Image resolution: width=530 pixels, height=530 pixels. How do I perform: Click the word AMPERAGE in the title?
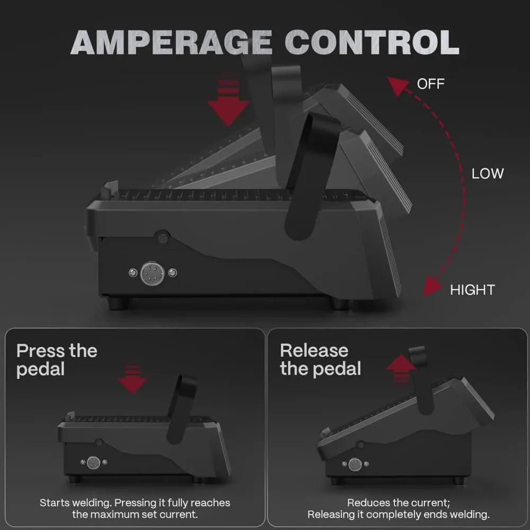coord(171,42)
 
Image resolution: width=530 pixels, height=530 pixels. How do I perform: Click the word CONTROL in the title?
coord(372,42)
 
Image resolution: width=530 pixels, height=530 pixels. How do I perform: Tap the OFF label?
coord(430,84)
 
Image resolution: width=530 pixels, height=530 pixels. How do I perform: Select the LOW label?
coord(488,174)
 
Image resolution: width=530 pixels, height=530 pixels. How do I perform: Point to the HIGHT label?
coord(473,290)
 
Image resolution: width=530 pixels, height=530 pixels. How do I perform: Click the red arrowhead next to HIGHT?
coord(432,286)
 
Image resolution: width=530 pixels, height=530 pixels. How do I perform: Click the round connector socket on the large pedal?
coord(153,273)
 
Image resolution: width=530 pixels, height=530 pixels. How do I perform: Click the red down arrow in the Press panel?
coord(132,379)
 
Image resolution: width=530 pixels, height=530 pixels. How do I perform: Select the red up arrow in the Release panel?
coord(401,368)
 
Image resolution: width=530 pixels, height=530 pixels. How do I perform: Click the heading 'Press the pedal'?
coord(57,360)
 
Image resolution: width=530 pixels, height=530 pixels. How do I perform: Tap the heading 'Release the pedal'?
coord(321,360)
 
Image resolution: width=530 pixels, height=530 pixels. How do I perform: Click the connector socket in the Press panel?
coord(94,463)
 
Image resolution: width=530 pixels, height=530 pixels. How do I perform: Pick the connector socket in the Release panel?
coord(355,464)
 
